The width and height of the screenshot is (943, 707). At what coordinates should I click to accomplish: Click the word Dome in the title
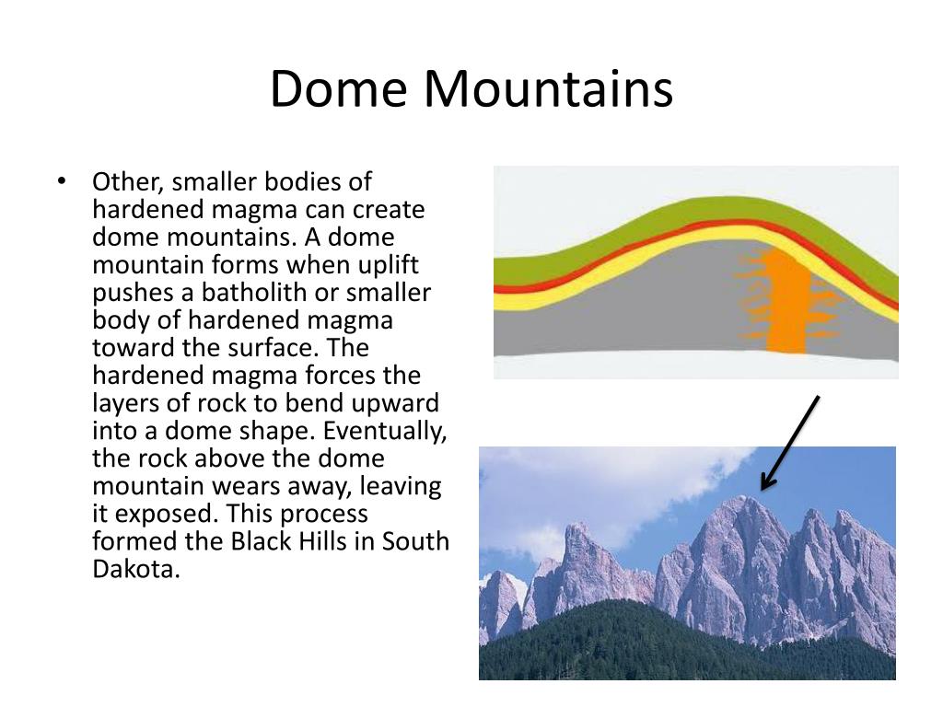click(339, 89)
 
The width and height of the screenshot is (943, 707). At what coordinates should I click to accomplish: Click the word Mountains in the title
click(548, 89)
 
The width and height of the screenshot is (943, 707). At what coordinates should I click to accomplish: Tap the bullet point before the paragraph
click(62, 180)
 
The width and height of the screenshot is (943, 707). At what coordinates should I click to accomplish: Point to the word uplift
click(389, 265)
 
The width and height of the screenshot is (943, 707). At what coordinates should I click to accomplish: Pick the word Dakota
click(136, 569)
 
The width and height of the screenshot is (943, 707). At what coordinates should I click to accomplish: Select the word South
click(415, 541)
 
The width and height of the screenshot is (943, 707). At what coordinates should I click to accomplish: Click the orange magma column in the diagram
click(786, 301)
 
